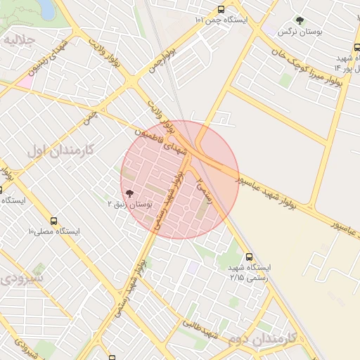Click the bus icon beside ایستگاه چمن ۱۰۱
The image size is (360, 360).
(x=222, y=10)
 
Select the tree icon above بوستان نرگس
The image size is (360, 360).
(x=300, y=21)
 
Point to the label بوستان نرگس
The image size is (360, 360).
(x=295, y=32)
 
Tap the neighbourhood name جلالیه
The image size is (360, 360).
(x=19, y=40)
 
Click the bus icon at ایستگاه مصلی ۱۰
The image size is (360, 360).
(x=33, y=231)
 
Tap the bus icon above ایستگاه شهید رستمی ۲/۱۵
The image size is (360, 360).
(x=248, y=257)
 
